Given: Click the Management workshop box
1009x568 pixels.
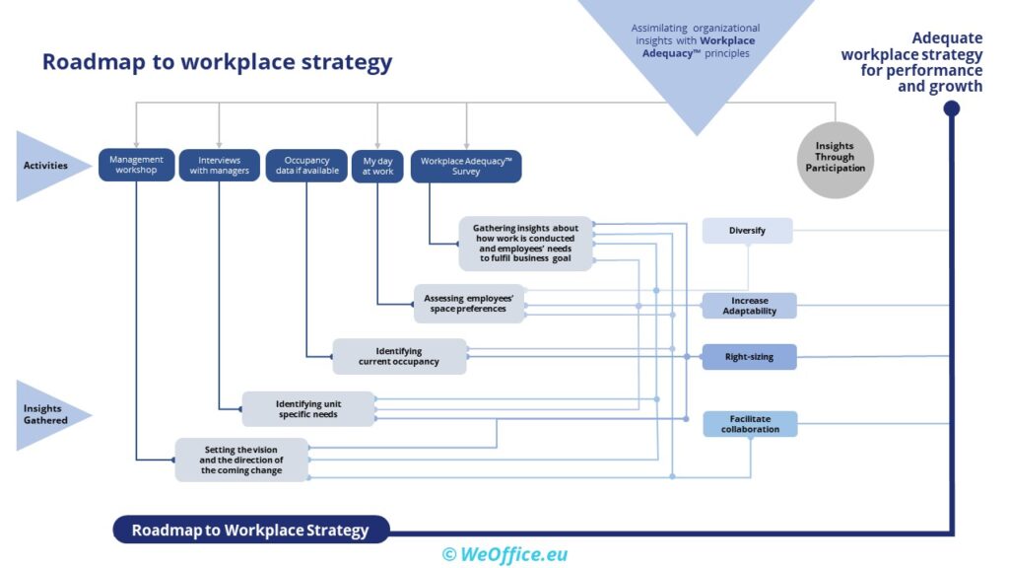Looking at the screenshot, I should tap(137, 165).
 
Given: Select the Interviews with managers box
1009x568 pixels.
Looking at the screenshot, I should tap(220, 165).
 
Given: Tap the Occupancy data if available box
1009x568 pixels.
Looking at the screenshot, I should tap(306, 165).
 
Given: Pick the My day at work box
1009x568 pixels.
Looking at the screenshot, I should tap(378, 165).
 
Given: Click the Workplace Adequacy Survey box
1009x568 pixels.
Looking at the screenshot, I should tap(465, 165).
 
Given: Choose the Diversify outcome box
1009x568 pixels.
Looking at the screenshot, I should tap(747, 231).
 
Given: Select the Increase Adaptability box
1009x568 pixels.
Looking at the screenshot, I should tap(749, 306).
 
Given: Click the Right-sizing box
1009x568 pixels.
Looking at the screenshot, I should tap(749, 357).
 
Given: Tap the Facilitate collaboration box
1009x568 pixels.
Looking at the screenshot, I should tap(749, 424).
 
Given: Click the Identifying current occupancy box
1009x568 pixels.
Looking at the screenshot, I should tap(399, 356).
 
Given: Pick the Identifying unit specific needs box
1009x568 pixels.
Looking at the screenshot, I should tap(308, 408).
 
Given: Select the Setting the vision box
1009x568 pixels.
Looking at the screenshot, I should tap(241, 460).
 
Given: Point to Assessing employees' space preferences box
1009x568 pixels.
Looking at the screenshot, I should tap(468, 304).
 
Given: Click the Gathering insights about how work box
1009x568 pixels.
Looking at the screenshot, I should tap(525, 243).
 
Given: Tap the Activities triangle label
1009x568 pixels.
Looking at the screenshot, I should tap(46, 166).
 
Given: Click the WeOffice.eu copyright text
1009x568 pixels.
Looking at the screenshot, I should tap(504, 554).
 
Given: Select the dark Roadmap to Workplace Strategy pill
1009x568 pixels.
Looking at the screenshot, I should tap(250, 531).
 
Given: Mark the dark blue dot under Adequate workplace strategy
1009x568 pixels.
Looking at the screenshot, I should tap(952, 108).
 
